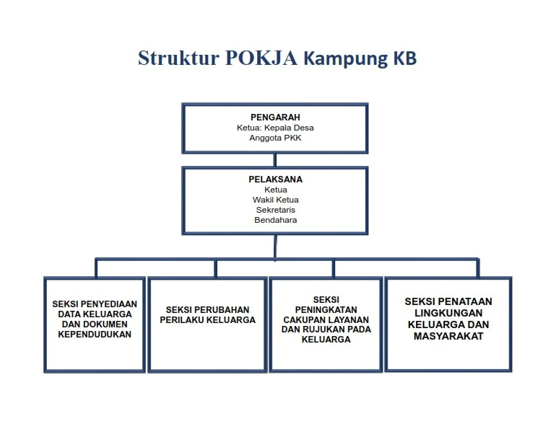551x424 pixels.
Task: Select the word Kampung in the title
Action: pyautogui.click(x=347, y=58)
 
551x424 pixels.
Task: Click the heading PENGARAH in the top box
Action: pyautogui.click(x=275, y=118)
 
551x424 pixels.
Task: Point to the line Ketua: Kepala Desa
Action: pyautogui.click(x=275, y=128)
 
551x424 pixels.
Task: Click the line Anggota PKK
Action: pyautogui.click(x=275, y=138)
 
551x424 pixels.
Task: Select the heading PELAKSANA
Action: pyautogui.click(x=275, y=180)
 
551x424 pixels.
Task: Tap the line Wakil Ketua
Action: pyautogui.click(x=275, y=200)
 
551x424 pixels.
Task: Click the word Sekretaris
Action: pyautogui.click(x=275, y=210)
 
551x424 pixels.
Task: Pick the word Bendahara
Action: pyautogui.click(x=275, y=220)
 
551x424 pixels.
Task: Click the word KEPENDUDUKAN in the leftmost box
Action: pyautogui.click(x=95, y=335)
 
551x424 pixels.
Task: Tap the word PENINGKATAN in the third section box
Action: pyautogui.click(x=326, y=309)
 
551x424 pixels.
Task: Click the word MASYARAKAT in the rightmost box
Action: pyautogui.click(x=448, y=336)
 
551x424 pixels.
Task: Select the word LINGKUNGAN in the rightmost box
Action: pyautogui.click(x=448, y=313)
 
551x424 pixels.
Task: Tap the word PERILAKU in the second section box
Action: pyautogui.click(x=185, y=319)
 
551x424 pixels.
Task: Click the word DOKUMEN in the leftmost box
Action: pyautogui.click(x=111, y=324)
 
